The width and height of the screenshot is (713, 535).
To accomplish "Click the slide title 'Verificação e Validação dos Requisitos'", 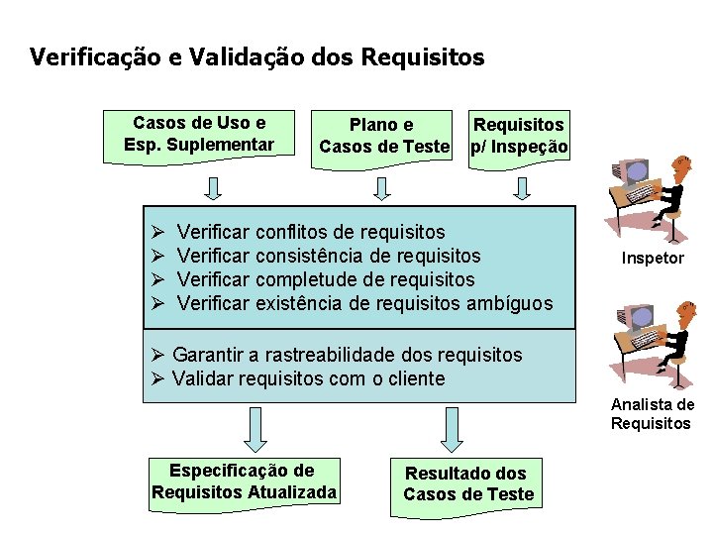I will click(257, 57).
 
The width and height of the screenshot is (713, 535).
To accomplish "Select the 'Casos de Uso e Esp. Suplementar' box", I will click(199, 135).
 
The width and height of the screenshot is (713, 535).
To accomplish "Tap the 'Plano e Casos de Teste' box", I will click(383, 137).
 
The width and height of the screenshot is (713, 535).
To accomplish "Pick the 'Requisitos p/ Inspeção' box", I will click(519, 137).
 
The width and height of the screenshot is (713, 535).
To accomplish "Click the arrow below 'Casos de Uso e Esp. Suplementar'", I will click(213, 187).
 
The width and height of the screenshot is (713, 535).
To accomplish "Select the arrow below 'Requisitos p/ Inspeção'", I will click(524, 187).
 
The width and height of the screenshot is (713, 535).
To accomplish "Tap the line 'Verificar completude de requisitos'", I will click(326, 280).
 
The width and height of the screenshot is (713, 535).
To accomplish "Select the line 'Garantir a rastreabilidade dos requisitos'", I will click(347, 355).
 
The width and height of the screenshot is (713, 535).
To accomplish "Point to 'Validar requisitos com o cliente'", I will click(308, 378).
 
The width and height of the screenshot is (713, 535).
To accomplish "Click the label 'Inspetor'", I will click(653, 259).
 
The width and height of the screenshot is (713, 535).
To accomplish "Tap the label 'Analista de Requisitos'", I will click(653, 414).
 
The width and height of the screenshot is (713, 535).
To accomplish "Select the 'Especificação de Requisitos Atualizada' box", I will click(244, 481).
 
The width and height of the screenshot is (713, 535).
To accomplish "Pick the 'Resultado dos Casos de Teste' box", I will click(468, 484).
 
